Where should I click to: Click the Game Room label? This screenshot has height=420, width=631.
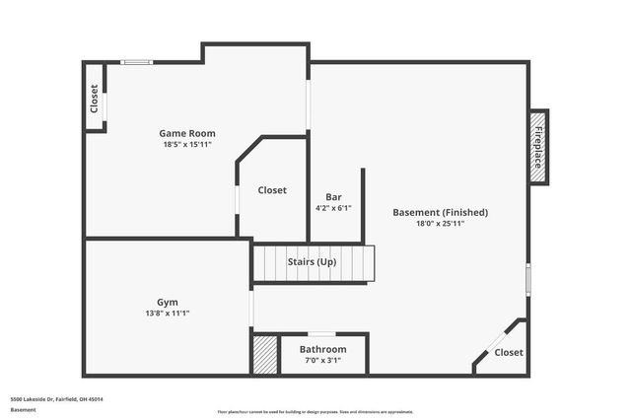pos(187,133)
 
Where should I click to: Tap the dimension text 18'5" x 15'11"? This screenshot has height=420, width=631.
pos(187,145)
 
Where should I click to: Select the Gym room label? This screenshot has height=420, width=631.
pos(168,302)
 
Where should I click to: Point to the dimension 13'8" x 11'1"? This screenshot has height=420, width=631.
pos(168,314)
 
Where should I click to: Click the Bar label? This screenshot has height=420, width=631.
pos(333,196)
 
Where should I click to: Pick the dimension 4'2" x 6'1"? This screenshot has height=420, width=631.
pos(333,208)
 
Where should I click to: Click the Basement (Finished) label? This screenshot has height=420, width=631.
pos(440,212)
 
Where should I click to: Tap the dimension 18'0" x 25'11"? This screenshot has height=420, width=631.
pos(440,224)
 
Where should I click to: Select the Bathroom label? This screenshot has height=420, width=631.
pos(322,349)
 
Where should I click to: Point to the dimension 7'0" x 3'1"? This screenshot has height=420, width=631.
pos(322,361)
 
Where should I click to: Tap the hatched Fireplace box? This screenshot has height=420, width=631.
pos(538,145)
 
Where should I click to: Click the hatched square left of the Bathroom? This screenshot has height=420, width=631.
pos(264,355)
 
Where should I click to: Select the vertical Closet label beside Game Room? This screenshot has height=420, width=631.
pos(95,98)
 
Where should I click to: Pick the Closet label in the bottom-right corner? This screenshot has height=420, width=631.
pos(509,352)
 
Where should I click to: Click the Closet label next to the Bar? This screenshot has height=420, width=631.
pos(272,190)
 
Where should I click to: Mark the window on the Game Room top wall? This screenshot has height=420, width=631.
pos(136,62)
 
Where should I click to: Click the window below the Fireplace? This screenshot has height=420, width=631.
pos(528,278)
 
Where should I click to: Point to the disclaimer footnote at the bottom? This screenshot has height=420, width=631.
pos(315,411)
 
